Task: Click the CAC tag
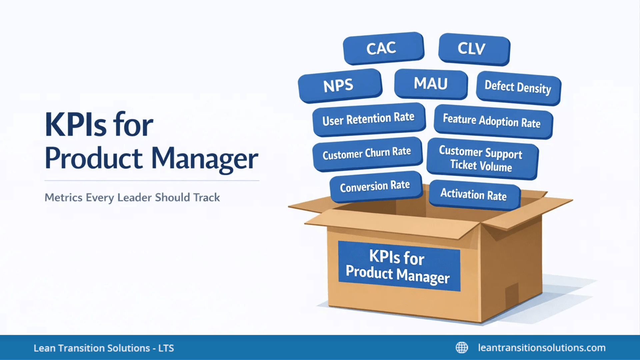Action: [x=383, y=48]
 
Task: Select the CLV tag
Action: [x=474, y=49]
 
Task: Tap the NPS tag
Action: [x=339, y=85]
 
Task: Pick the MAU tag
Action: [x=430, y=84]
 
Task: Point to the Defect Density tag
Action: [x=518, y=87]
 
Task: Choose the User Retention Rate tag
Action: [x=368, y=119]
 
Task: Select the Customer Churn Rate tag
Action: [x=367, y=153]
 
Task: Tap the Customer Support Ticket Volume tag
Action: [x=481, y=158]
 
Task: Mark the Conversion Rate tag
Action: [x=375, y=186]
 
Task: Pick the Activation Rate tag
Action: [x=474, y=194]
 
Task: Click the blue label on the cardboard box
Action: [x=399, y=266]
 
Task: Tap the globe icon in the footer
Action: [x=462, y=348]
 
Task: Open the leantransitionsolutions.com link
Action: [x=542, y=348]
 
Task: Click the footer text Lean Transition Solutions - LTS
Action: [x=104, y=348]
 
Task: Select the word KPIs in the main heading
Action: [x=76, y=125]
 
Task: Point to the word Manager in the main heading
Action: [x=205, y=159]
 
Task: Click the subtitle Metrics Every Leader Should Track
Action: [x=132, y=197]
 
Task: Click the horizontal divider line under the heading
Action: [x=152, y=181]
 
